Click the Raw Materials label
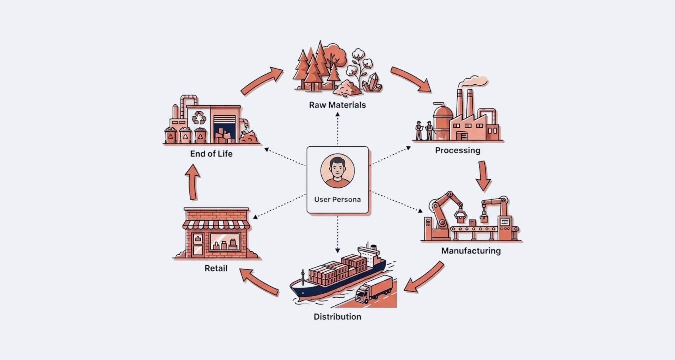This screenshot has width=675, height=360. (337, 105)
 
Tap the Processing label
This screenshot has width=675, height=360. (457, 150)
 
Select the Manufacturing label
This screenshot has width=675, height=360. (471, 250)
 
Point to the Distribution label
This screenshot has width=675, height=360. (337, 316)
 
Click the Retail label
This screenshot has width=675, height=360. (216, 268)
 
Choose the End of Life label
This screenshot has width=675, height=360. (211, 153)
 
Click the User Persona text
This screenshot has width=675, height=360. (337, 199)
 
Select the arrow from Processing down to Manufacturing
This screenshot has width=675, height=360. (482, 176)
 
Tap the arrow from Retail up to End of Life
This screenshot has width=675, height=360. (193, 182)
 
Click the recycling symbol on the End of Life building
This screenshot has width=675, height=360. (199, 117)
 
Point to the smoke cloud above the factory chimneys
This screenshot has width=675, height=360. (474, 81)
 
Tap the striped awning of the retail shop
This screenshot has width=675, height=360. (216, 224)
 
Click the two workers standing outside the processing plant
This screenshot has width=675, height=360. (424, 130)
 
